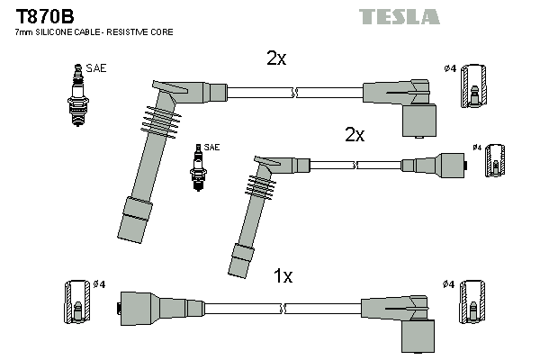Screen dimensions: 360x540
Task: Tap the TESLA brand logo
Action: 399,16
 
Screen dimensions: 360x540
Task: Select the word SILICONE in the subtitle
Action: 62,32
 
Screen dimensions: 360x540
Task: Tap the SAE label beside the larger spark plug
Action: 95,67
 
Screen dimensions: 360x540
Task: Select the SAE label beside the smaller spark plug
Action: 211,147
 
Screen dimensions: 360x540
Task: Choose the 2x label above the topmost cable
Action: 276,58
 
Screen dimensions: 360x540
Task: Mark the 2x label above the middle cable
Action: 355,135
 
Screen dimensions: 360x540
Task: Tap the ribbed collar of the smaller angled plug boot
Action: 257,186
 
